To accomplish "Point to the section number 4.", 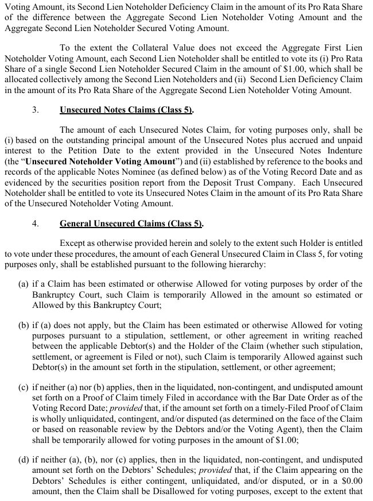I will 36,223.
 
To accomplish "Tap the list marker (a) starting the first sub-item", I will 24,284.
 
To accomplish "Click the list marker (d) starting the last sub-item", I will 24,460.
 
